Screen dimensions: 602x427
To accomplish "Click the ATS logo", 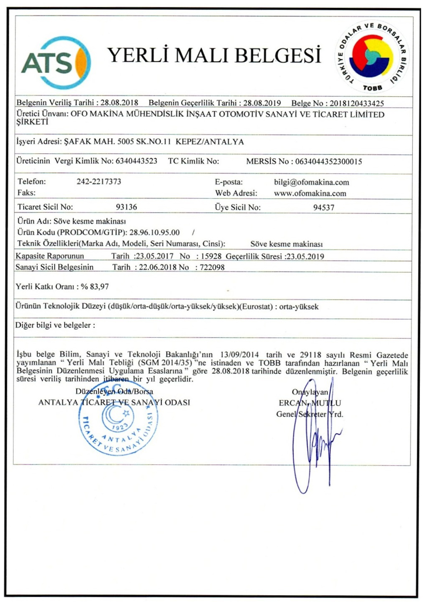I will (56, 63).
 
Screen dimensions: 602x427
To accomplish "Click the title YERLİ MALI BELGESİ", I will (214, 55).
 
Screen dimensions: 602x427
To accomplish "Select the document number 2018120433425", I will (357, 103).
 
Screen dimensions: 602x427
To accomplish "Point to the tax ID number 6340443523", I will (136, 161).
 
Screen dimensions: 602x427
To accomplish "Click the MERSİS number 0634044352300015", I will (328, 161).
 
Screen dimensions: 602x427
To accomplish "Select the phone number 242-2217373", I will (99, 181).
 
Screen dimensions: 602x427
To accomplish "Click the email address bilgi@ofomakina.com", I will (311, 182).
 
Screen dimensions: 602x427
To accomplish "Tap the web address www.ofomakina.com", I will (310, 193).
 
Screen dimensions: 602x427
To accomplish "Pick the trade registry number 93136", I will (126, 207).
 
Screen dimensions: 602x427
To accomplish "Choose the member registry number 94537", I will (323, 208).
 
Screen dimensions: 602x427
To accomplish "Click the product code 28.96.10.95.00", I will (154, 232).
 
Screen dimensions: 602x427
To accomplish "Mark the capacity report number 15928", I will (211, 256).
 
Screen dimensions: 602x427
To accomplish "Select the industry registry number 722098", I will (212, 267).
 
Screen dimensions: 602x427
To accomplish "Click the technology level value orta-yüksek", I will (299, 307).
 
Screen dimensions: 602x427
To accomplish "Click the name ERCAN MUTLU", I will (310, 403).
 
